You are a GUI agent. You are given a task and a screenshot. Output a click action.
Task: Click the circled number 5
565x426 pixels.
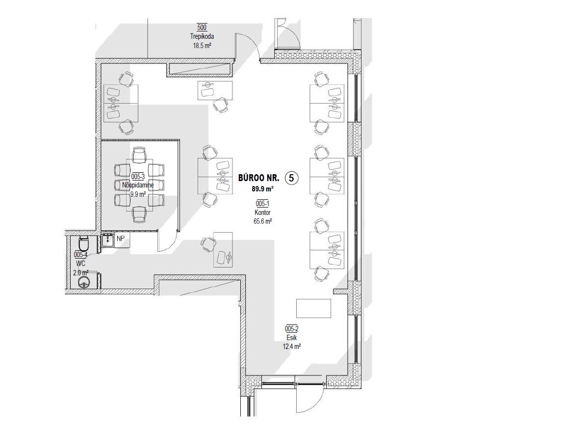(x=291, y=178)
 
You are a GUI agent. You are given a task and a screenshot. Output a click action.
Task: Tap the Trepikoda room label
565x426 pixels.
(x=202, y=36)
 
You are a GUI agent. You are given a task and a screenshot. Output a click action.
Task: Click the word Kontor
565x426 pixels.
(x=262, y=213)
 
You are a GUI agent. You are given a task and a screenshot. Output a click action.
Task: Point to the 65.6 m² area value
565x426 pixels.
(x=262, y=221)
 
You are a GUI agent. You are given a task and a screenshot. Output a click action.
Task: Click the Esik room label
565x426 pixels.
(x=291, y=338)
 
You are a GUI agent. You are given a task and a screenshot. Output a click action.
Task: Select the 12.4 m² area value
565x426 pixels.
(x=291, y=346)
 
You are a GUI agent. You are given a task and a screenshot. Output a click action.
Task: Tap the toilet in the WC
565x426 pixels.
(x=83, y=244)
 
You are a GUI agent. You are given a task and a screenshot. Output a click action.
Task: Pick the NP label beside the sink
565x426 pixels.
(x=120, y=239)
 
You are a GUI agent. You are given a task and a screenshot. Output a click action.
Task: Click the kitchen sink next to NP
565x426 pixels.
(x=108, y=240)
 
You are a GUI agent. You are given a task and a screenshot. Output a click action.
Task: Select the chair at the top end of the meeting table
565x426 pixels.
(x=139, y=155)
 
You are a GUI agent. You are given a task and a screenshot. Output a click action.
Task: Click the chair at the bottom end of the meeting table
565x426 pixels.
(x=139, y=214)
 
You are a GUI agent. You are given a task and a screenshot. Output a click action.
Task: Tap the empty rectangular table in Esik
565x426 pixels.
(x=313, y=308)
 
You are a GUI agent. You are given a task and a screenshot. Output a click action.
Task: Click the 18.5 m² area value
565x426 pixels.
(x=202, y=46)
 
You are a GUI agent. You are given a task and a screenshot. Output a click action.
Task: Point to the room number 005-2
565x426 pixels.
(x=291, y=329)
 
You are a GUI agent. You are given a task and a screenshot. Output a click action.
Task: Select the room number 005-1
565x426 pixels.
(x=262, y=204)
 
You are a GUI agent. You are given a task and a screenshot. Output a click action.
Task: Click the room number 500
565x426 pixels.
(x=202, y=27)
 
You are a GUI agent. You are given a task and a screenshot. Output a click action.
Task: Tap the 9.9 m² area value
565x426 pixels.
(x=138, y=194)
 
